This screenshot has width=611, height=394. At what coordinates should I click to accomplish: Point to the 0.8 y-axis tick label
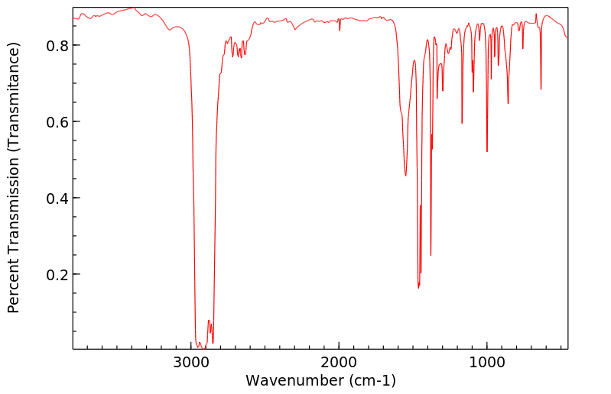click(57, 46)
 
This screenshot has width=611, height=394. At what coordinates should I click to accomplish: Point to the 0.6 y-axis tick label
click(57, 122)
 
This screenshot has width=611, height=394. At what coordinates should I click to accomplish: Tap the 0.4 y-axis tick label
click(57, 199)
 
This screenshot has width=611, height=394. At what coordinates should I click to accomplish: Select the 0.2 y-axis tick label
click(57, 275)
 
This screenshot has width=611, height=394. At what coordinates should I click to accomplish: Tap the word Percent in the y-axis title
click(13, 283)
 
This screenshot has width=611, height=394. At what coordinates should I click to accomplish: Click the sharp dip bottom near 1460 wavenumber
click(418, 287)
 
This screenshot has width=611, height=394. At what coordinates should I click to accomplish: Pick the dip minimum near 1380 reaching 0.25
click(431, 255)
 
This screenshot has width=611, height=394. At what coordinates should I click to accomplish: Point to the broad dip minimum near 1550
click(405, 176)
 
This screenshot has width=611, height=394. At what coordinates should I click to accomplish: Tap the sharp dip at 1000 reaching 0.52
click(487, 152)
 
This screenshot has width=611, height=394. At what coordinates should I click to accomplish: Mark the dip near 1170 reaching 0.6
click(462, 123)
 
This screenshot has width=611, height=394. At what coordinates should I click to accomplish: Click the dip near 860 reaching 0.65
click(508, 103)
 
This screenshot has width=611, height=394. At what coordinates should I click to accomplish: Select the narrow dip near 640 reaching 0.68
click(541, 89)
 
